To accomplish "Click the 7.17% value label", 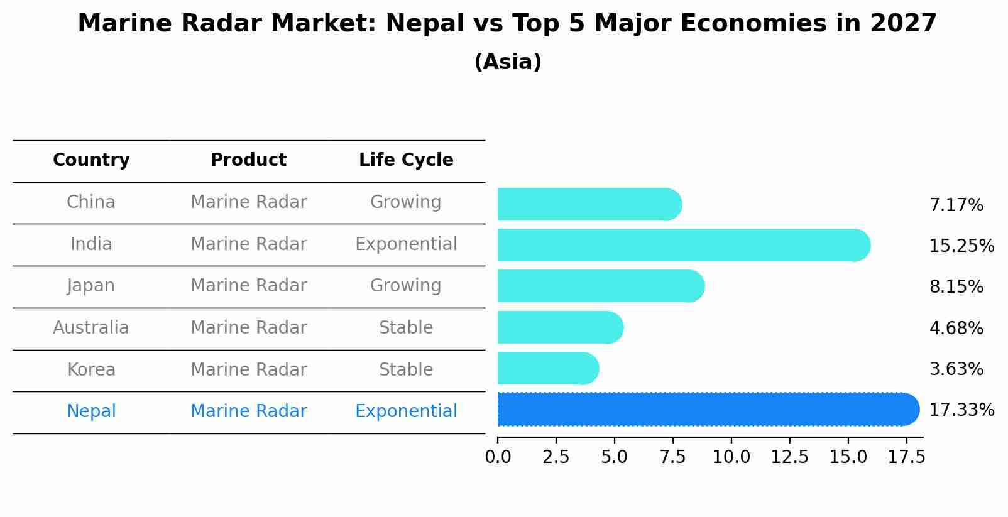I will pos(956,205).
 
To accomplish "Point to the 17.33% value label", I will pos(961,410).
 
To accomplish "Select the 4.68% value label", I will pos(956,328).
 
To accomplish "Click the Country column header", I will pos(91,160).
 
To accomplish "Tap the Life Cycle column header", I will pos(406,160).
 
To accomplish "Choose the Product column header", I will pos(248,160).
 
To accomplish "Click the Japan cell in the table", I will pos(91,286).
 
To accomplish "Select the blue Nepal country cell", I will pos(91,411).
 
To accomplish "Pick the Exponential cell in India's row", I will pos(406,244).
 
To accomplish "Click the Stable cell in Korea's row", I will pos(406,370).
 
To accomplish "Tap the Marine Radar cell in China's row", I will pos(248,202).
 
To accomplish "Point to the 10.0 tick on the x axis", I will pos(731,457).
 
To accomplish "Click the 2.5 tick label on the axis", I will pos(556,457).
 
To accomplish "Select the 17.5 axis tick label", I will pos(906,457).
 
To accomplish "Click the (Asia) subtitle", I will pos(508,62).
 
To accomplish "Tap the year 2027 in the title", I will pos(903,24).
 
